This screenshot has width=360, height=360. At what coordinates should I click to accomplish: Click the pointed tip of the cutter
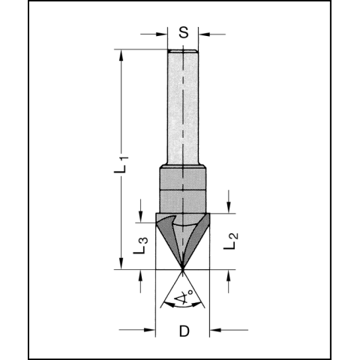(x=184, y=268)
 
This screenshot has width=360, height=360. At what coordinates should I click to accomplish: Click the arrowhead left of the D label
(x=150, y=328)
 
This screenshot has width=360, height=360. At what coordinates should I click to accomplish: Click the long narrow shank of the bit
(x=184, y=105)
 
